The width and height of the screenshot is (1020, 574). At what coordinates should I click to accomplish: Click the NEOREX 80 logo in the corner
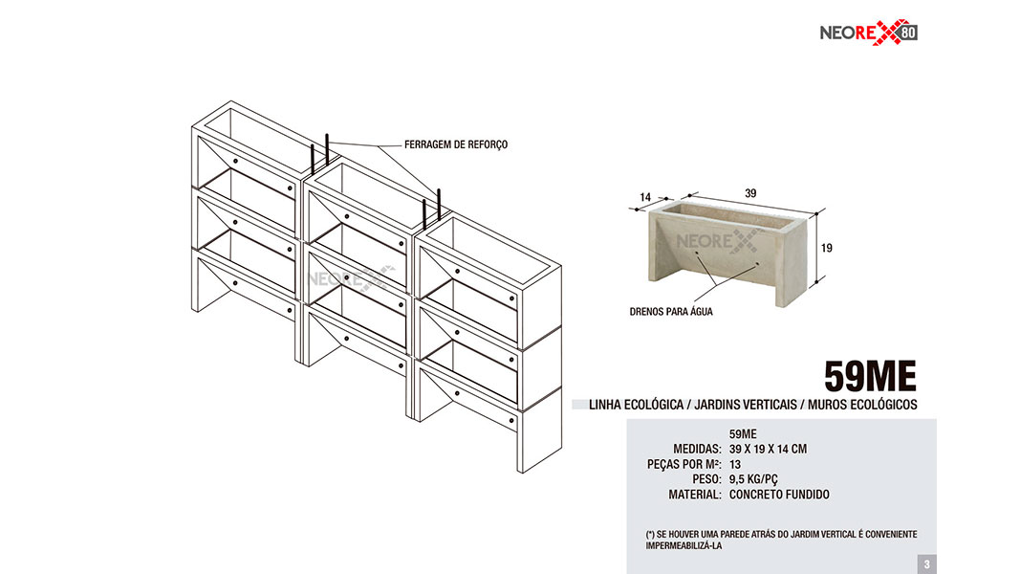pyautogui.click(x=868, y=32)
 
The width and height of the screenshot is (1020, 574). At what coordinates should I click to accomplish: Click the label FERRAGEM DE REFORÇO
pyautogui.click(x=456, y=144)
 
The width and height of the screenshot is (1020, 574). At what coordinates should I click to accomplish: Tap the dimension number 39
pyautogui.click(x=750, y=193)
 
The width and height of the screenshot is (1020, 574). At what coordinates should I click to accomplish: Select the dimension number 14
pyautogui.click(x=645, y=197)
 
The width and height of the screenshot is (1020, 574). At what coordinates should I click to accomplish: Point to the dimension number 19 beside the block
pyautogui.click(x=826, y=248)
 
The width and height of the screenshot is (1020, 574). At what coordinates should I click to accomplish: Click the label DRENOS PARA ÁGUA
pyautogui.click(x=671, y=312)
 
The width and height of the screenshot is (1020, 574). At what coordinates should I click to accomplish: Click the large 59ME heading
pyautogui.click(x=870, y=376)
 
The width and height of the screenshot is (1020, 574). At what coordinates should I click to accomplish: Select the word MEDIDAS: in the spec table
pyautogui.click(x=697, y=449)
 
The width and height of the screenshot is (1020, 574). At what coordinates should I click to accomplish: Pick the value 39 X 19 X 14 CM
pyautogui.click(x=769, y=449)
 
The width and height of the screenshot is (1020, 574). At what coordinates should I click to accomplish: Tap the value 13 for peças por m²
pyautogui.click(x=735, y=465)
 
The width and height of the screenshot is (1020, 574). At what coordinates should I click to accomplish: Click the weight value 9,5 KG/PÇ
pyautogui.click(x=753, y=479)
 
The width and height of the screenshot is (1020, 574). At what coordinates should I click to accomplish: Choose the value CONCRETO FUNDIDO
pyautogui.click(x=779, y=495)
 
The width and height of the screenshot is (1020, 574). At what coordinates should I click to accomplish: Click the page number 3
pyautogui.click(x=927, y=564)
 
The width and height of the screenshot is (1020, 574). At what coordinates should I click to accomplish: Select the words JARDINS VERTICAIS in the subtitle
pyautogui.click(x=746, y=405)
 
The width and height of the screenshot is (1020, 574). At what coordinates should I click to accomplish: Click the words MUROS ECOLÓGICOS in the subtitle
pyautogui.click(x=862, y=405)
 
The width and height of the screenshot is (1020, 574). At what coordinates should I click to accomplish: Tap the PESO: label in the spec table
pyautogui.click(x=707, y=479)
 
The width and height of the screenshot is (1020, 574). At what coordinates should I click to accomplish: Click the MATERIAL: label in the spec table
pyautogui.click(x=695, y=495)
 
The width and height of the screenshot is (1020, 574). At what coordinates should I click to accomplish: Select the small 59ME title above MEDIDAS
pyautogui.click(x=743, y=434)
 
